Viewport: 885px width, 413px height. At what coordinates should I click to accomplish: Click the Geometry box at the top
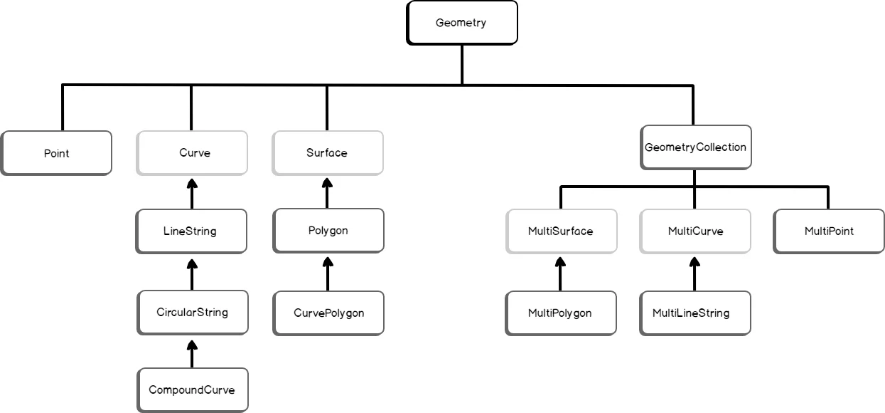[x=461, y=23]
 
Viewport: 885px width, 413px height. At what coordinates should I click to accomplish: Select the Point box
[x=56, y=153]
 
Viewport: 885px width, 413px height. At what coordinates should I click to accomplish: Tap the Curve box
[x=192, y=152]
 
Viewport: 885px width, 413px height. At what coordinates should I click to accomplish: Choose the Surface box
[x=328, y=152]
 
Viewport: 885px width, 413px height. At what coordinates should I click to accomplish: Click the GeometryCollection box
[x=695, y=147]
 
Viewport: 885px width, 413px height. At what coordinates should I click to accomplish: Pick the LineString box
[x=191, y=231]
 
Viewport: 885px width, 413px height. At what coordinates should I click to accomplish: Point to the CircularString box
[x=193, y=312]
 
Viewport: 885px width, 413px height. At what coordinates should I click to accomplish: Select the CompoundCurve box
[x=193, y=390]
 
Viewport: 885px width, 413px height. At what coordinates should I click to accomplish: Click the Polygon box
[x=328, y=230]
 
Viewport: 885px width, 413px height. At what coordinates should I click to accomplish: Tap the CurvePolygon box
[x=328, y=313]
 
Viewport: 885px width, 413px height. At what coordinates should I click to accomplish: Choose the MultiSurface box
[x=560, y=231]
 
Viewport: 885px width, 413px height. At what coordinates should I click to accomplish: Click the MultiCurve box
[x=695, y=231]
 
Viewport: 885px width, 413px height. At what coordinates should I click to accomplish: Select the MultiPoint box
[x=829, y=231]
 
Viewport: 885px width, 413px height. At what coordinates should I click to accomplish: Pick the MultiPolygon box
[x=560, y=313]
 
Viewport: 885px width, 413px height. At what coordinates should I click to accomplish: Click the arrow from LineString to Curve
[x=191, y=192]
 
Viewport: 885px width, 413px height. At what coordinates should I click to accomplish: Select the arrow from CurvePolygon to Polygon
[x=328, y=273]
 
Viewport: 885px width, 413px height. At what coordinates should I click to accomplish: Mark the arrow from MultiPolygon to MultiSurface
[x=560, y=273]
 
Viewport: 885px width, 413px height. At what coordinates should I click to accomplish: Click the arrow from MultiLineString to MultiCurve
[x=694, y=273]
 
